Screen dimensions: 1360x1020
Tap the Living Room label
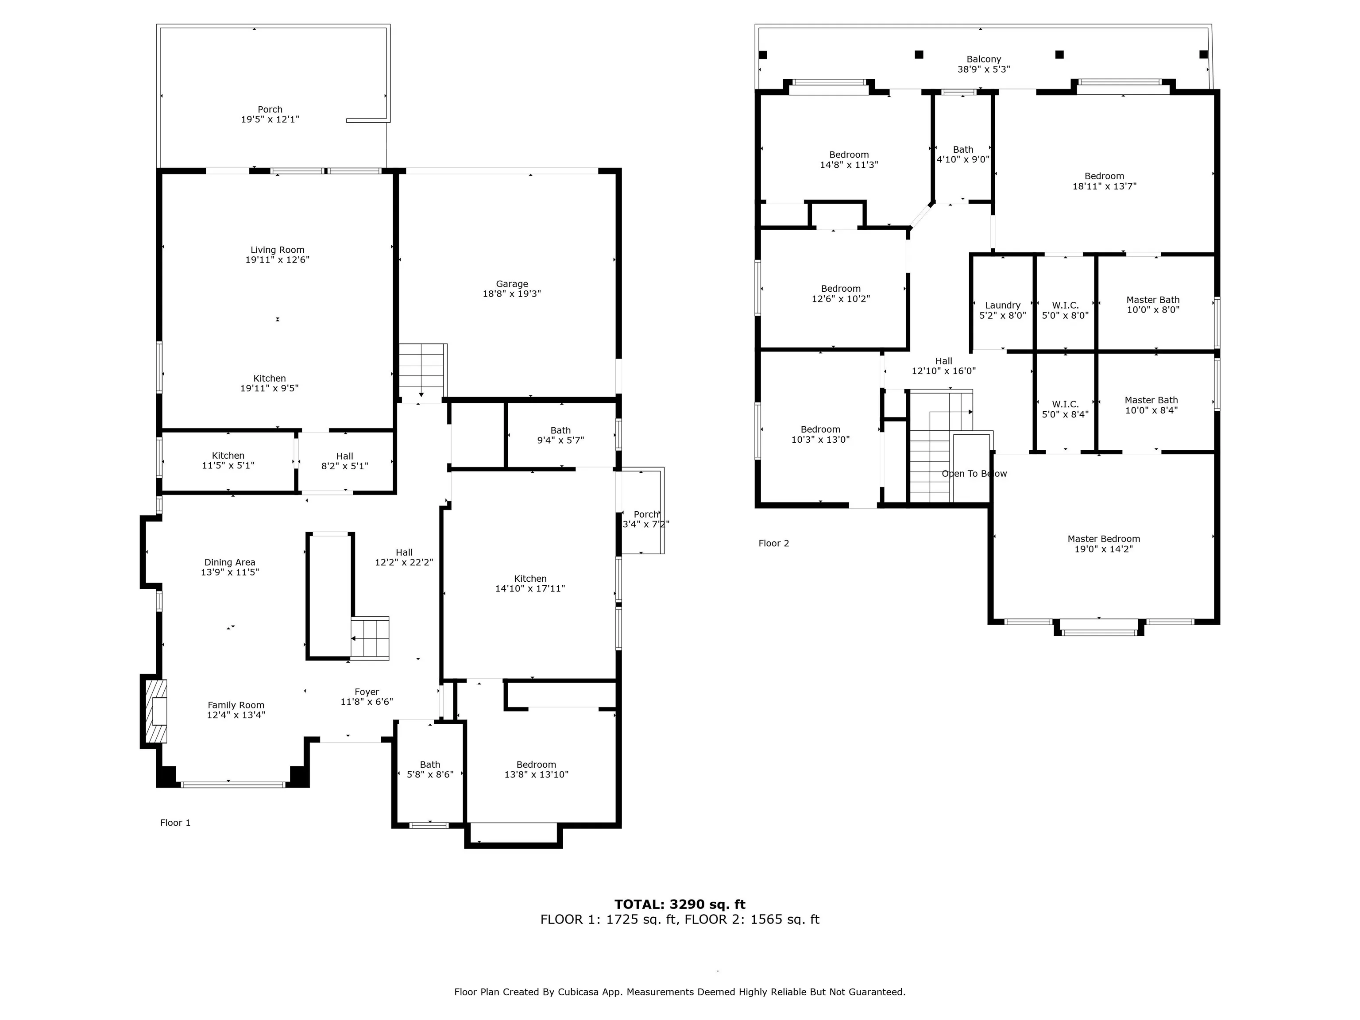point(277,250)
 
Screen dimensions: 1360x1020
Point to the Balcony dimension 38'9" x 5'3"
point(984,70)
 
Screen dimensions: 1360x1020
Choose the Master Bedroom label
point(1104,539)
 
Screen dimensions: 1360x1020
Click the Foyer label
point(367,692)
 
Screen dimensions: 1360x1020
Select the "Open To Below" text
point(974,473)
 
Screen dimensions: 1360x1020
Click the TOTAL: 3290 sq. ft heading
point(680,904)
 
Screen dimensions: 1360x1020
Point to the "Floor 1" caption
point(175,823)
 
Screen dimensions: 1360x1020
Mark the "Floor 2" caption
point(773,543)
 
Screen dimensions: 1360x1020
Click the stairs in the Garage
point(422,370)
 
